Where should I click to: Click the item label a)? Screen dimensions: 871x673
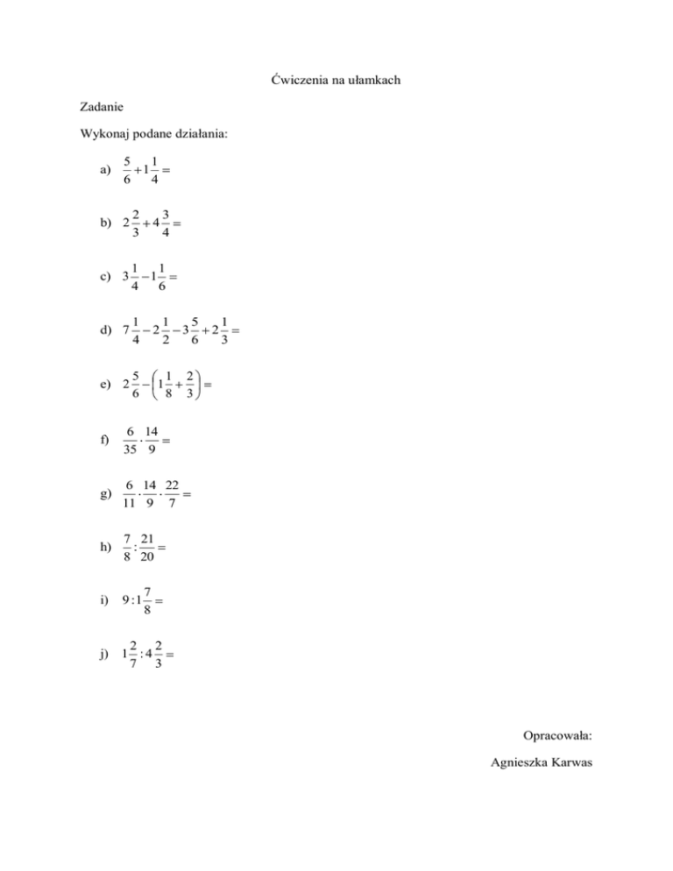pos(102,172)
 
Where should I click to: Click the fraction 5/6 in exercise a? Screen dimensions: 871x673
pos(129,172)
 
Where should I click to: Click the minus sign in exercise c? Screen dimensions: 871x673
pos(142,276)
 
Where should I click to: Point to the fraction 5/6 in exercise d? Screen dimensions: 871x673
pos(195,330)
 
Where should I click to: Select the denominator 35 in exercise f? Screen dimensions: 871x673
pos(129,452)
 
